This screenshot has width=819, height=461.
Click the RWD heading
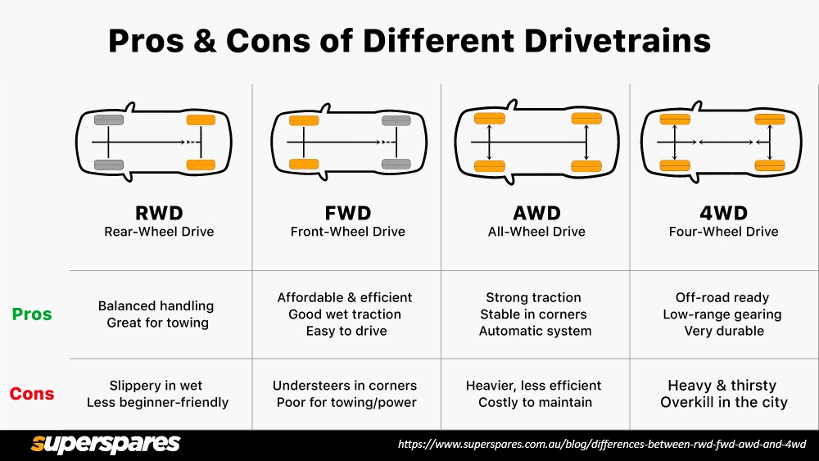tap(159, 214)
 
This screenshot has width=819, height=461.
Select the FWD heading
tap(347, 214)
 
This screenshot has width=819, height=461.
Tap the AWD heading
tap(536, 214)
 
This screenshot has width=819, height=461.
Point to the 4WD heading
tap(723, 214)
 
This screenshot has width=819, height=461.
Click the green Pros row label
tap(32, 314)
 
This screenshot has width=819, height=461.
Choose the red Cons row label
tap(32, 395)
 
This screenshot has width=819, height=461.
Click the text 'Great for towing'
tap(157, 323)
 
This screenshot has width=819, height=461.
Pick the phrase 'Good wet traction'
tap(345, 314)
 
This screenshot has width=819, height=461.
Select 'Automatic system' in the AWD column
tap(535, 331)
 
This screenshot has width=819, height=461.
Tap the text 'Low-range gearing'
tap(722, 314)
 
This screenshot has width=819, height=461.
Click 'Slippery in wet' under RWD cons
tap(156, 386)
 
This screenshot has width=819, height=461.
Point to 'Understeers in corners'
tap(345, 386)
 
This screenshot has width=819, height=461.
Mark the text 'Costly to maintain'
tap(535, 402)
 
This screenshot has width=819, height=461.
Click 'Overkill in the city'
tap(724, 402)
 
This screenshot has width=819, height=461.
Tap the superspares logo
tap(105, 444)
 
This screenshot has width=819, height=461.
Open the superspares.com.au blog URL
tap(602, 445)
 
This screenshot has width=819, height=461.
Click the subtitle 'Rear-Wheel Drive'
tap(159, 232)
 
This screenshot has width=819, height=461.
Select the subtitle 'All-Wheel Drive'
tap(536, 232)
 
